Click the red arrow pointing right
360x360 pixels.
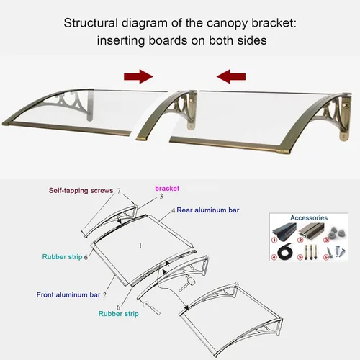pyautogui.click(x=138, y=76)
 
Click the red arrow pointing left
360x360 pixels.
pyautogui.click(x=231, y=76)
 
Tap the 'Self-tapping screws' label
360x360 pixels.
pyautogui.click(x=81, y=191)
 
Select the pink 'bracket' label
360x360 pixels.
pyautogui.click(x=167, y=189)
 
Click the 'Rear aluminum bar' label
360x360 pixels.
pyautogui.click(x=208, y=210)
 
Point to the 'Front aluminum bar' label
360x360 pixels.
pyautogui.click(x=68, y=294)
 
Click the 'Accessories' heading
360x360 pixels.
pyautogui.click(x=309, y=218)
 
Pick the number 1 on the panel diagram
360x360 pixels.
pyautogui.click(x=140, y=246)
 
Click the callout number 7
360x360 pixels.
pyautogui.click(x=119, y=191)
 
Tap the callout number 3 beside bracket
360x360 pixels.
pyautogui.click(x=161, y=197)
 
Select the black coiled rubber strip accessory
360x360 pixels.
pyautogui.click(x=284, y=252)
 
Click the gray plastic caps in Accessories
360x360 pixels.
pyautogui.click(x=335, y=232)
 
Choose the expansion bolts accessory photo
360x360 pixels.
pyautogui.click(x=309, y=251)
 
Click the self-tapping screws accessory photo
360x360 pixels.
pyautogui.click(x=336, y=253)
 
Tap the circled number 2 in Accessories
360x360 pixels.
pyautogui.click(x=300, y=240)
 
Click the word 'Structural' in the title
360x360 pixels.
pyautogui.click(x=91, y=23)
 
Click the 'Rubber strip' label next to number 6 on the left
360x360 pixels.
pyautogui.click(x=63, y=257)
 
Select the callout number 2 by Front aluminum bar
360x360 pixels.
pyautogui.click(x=104, y=295)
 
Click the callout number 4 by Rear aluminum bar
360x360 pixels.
pyautogui.click(x=174, y=210)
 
